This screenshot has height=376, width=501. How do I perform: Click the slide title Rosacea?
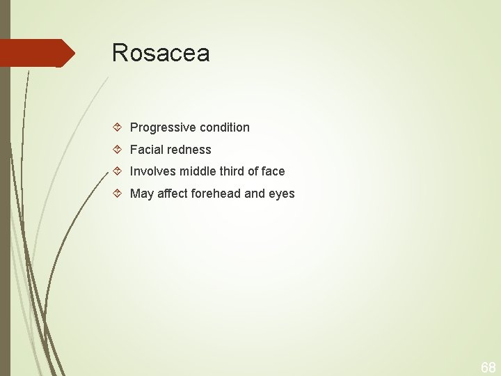click(x=161, y=53)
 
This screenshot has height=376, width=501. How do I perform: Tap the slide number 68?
click(x=488, y=367)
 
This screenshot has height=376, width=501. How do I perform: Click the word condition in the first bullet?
click(x=224, y=127)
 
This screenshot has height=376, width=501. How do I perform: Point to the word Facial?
click(x=147, y=150)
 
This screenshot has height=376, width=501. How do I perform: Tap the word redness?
click(x=189, y=150)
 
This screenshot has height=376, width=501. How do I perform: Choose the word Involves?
click(x=153, y=171)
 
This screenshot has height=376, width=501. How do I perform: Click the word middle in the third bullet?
click(x=199, y=171)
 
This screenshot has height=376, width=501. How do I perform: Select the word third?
click(x=233, y=171)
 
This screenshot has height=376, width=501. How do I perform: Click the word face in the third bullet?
click(x=273, y=171)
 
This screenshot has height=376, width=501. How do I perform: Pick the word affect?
click(x=173, y=194)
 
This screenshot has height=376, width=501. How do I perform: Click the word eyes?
click(x=282, y=194)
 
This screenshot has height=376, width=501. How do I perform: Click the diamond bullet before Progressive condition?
click(x=118, y=127)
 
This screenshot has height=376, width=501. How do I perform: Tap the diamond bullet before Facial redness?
click(x=118, y=150)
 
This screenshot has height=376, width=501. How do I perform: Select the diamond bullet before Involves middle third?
click(x=118, y=171)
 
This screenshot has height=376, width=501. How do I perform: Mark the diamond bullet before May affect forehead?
click(x=118, y=194)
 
